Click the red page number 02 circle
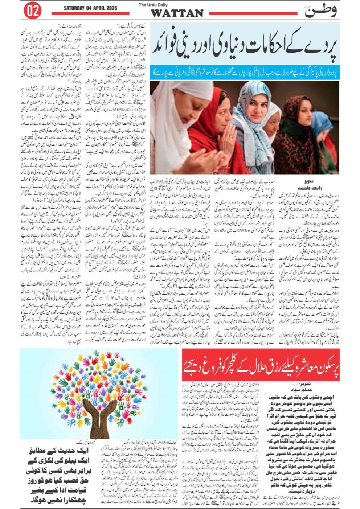point(32,11)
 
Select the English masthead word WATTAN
point(177,13)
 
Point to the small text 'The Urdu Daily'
point(177,5)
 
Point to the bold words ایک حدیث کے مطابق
point(56,452)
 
